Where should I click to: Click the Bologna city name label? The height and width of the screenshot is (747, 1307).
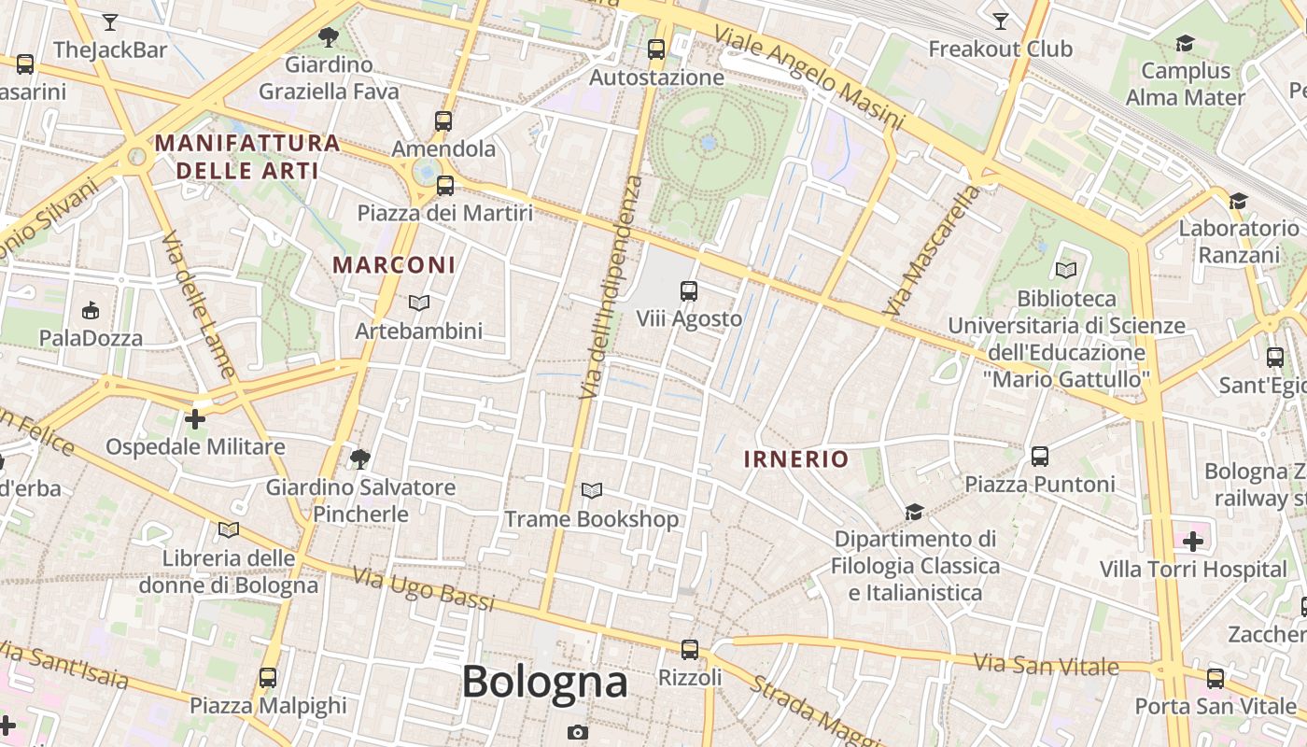544,682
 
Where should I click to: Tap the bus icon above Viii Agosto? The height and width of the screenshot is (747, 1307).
689,291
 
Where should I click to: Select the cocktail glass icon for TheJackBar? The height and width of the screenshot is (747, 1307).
110,21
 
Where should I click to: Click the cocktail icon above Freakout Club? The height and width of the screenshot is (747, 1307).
1001,21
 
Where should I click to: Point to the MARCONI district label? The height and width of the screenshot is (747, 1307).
394,265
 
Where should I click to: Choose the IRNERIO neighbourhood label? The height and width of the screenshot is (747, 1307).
796,459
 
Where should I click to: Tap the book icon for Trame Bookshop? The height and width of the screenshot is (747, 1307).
591,490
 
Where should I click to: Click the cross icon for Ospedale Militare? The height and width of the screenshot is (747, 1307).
195,419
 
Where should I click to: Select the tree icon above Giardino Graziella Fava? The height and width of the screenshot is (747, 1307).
328,37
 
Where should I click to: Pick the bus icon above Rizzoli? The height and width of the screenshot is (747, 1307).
690,649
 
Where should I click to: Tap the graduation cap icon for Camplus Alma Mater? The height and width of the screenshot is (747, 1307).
1186,44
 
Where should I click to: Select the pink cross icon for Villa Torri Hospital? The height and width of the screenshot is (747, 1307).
1193,541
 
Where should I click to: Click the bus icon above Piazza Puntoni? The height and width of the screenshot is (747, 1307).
1040,457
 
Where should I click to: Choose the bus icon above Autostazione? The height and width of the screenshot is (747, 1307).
656,49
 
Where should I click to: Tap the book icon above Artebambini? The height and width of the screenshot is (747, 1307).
419,303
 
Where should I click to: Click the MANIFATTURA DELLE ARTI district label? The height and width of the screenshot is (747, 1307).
247,157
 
